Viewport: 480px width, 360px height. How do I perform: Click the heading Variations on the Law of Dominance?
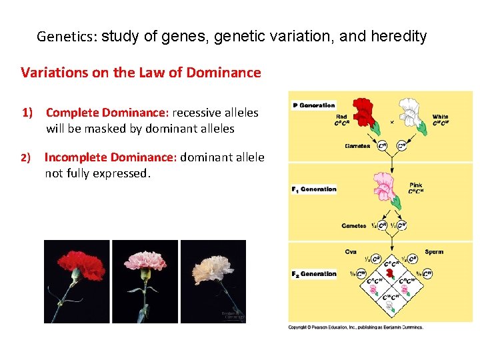click(x=141, y=73)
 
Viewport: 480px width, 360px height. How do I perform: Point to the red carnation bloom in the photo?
click(x=77, y=265)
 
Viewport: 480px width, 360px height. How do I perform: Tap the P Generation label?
click(x=314, y=105)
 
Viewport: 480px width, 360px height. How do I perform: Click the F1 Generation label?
click(x=314, y=189)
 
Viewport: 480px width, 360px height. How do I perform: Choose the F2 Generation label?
click(x=314, y=274)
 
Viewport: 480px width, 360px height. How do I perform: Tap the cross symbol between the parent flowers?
click(x=391, y=123)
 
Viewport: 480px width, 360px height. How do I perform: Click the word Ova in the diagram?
click(x=351, y=252)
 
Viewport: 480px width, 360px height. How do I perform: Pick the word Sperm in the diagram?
click(x=434, y=252)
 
